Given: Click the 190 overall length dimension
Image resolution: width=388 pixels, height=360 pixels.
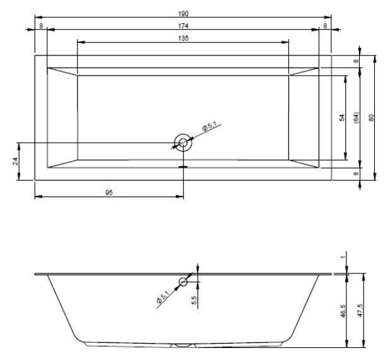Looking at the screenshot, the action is [x=183, y=14].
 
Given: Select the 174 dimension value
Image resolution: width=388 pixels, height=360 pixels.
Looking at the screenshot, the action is [x=183, y=26].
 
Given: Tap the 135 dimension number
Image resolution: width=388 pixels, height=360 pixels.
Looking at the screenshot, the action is [x=183, y=38].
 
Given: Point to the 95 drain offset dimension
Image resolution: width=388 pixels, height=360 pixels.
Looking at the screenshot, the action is [x=109, y=193].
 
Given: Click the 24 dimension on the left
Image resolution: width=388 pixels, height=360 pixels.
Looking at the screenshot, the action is [x=15, y=161].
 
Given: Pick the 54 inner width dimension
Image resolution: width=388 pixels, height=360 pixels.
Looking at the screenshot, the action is [x=342, y=117].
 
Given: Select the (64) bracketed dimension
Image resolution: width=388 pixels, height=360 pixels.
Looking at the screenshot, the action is [x=356, y=117].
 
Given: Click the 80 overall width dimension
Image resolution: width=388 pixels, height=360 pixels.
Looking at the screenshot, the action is [x=371, y=117].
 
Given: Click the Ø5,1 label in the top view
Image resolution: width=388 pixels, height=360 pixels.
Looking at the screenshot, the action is [x=209, y=126].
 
